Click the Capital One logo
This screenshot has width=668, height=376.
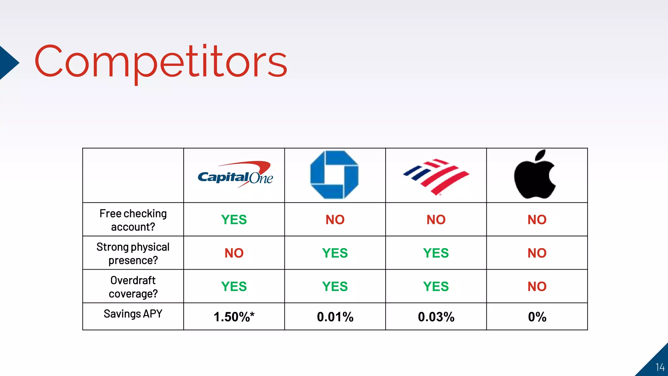tap(235, 176)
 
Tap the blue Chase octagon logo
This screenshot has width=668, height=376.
tap(334, 175)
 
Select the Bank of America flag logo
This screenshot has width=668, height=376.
tap(436, 177)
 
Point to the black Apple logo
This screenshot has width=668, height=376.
tap(535, 175)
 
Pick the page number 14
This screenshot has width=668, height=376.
tap(660, 367)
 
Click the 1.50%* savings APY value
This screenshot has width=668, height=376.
tap(234, 317)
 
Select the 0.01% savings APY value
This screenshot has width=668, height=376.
tap(335, 317)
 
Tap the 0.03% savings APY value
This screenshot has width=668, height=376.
tap(436, 317)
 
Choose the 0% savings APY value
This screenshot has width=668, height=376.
tap(537, 317)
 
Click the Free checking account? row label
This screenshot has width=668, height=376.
tap(133, 220)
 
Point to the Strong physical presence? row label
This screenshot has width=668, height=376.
tap(133, 254)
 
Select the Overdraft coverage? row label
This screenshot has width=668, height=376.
tap(133, 287)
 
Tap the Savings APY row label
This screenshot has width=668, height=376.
tap(133, 314)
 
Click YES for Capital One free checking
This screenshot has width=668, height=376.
tap(234, 220)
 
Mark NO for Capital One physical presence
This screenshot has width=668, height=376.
tap(234, 253)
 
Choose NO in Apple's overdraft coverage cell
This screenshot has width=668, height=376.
tap(537, 287)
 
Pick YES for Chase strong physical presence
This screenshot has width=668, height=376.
tap(335, 253)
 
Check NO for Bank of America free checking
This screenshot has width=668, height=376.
tap(436, 220)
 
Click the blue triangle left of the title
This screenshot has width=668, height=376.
tap(8, 63)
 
